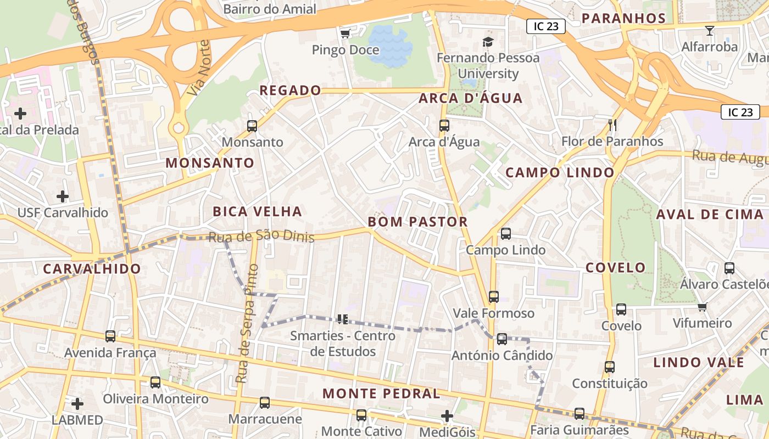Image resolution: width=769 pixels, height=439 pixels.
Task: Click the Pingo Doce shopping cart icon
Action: [x=345, y=34]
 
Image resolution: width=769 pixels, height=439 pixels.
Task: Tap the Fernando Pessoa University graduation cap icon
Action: [x=487, y=42]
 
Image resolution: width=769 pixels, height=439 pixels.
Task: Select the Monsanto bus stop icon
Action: [x=252, y=126]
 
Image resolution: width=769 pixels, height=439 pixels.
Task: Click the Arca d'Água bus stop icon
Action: [x=444, y=126]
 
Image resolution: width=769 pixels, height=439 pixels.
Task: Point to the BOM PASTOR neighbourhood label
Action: [x=417, y=222]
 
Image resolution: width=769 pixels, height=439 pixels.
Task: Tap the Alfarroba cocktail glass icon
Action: [x=710, y=31]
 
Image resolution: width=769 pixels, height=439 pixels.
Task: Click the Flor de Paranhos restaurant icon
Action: [x=612, y=125]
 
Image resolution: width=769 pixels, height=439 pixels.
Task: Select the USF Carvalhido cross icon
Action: [x=63, y=196]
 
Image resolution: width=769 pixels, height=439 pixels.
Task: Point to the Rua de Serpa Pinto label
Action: [x=247, y=324]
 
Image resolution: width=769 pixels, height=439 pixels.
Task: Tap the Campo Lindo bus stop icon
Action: [x=506, y=234]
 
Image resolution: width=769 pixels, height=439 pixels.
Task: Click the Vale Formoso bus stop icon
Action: [x=494, y=297]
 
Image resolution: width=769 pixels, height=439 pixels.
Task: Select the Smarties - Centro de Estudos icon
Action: [x=343, y=319]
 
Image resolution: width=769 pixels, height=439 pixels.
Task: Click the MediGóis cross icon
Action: [x=447, y=416]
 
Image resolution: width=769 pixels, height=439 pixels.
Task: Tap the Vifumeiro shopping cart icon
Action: [x=702, y=307]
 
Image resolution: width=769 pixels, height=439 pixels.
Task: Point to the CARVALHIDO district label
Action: [x=92, y=269]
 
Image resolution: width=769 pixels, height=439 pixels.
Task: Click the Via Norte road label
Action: [x=198, y=67]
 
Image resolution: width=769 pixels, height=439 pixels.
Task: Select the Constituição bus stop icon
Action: [x=610, y=367]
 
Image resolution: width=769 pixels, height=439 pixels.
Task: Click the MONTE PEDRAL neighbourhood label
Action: [x=381, y=393]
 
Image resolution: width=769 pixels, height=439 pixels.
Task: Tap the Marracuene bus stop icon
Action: [x=265, y=403]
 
